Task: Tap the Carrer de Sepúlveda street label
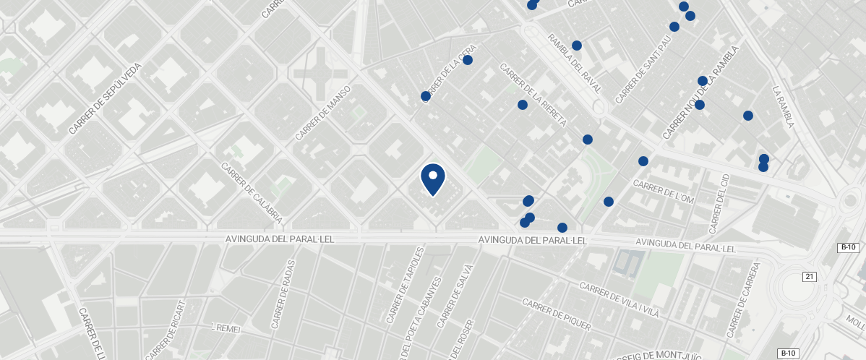pyautogui.click(x=106, y=99)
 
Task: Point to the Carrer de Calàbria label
pyautogui.click(x=252, y=192)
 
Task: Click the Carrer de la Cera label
pyautogui.click(x=448, y=75)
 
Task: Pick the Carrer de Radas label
pyautogui.click(x=283, y=294)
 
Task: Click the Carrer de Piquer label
pyautogui.click(x=556, y=315)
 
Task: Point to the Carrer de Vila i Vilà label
pyautogui.click(x=620, y=300)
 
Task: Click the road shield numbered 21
pyautogui.click(x=810, y=277)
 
